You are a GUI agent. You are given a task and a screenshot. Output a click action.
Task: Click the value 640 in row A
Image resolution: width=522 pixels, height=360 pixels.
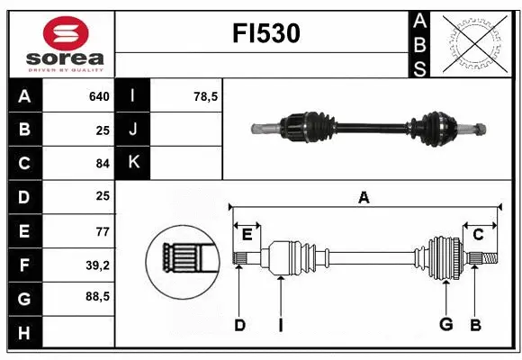(x=98, y=96)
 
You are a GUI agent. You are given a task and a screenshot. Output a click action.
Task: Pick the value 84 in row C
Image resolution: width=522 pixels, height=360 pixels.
(x=102, y=163)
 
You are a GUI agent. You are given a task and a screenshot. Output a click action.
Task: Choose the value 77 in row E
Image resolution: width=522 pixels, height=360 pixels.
(x=102, y=230)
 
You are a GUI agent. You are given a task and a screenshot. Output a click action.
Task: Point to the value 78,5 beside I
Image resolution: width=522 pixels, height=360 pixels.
(x=206, y=96)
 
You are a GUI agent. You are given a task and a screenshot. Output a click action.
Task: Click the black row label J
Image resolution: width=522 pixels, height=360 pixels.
(x=134, y=130)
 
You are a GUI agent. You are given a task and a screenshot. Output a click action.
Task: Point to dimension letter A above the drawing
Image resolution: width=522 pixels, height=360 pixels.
(x=364, y=198)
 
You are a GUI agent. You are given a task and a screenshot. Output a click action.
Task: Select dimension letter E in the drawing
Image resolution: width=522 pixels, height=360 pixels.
(x=247, y=235)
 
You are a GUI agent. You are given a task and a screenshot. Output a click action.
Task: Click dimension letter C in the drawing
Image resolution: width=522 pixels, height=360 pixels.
(x=478, y=235)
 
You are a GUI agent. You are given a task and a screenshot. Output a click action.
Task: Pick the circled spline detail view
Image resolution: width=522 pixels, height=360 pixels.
(x=184, y=258)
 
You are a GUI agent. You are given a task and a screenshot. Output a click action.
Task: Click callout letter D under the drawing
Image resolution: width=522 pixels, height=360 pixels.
(x=239, y=325)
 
